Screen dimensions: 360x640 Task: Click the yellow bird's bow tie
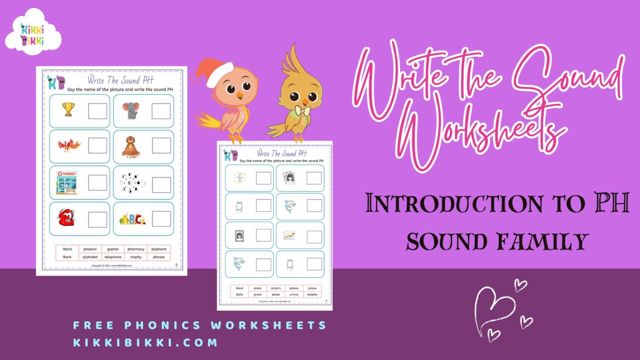pos(301,110)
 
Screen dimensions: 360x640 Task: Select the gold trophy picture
pos(68,110)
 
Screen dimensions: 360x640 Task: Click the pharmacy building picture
pos(67,182)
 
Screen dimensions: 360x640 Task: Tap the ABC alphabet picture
pos(132,219)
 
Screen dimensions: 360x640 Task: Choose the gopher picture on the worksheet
pos(131,146)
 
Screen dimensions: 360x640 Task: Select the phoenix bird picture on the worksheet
pos(69,145)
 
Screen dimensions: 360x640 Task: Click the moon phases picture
pos(132,183)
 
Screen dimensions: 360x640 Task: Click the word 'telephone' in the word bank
pos(113,257)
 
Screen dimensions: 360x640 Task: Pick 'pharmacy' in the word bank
pos(136,249)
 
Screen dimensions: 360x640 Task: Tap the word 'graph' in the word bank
pos(257,295)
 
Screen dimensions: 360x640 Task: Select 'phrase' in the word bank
pos(294,288)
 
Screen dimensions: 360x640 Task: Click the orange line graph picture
pos(289,236)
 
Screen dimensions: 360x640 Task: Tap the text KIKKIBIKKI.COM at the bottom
pos(145,342)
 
